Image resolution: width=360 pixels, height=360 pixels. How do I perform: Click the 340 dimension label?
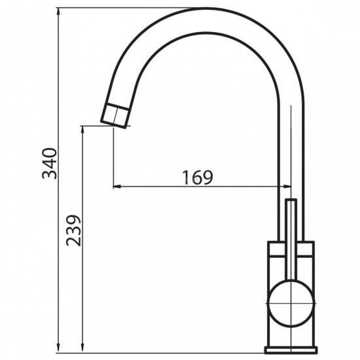click(49, 164)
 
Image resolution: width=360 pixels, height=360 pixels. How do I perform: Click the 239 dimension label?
click(73, 230)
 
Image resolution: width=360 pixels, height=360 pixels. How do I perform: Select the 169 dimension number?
click(198, 177)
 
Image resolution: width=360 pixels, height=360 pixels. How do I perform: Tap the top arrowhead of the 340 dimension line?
click(58, 12)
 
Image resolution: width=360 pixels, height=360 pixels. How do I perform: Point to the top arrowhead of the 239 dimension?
click(82, 130)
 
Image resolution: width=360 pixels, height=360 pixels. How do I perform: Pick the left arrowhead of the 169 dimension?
click(117, 187)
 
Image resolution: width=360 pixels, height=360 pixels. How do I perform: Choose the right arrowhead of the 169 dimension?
click(287, 187)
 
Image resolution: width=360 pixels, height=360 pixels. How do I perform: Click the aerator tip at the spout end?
click(115, 116)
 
